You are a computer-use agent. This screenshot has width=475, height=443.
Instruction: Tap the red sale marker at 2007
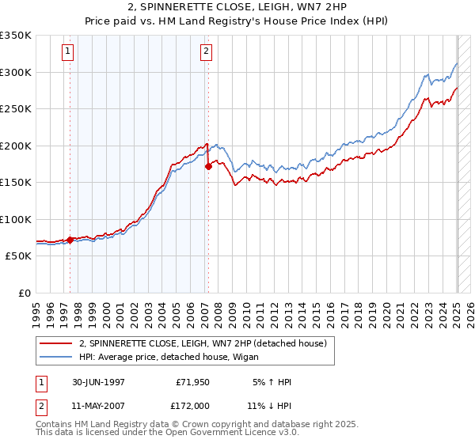coord(208,166)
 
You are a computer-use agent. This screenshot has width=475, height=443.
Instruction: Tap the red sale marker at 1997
coord(70,240)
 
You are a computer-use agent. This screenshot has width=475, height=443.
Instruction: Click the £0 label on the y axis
coord(24,293)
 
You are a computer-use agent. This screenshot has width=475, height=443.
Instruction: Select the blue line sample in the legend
coord(57,358)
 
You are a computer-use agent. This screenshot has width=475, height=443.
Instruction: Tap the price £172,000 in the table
coord(192,405)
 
